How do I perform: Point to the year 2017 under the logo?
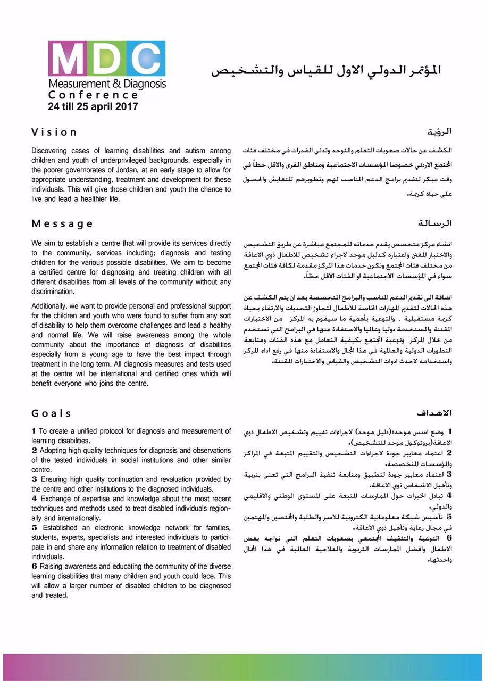pos(127,106)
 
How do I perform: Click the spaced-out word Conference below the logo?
pos(93,95)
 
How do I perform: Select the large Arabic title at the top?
pos(326,71)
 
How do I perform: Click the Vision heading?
pos(54,132)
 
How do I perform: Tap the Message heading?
pos(62,223)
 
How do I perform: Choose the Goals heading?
pos(51,413)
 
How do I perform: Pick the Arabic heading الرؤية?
pos(440,132)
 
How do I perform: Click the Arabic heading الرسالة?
pos(436,223)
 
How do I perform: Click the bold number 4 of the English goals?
pos(34,499)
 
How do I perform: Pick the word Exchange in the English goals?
pos(54,499)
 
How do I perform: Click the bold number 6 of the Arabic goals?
pos(449,537)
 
